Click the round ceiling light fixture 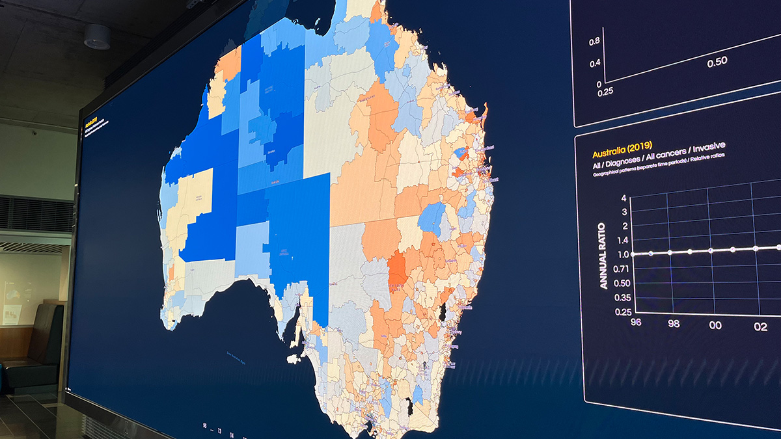(x=97, y=36)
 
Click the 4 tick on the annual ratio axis (x=623, y=198)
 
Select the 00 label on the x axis (x=715, y=325)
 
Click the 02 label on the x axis (x=760, y=327)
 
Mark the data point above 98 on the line (x=670, y=252)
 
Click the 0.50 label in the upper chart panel (x=717, y=61)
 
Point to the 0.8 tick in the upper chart (x=594, y=42)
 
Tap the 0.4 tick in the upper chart (x=594, y=64)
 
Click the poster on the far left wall (x=11, y=305)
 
